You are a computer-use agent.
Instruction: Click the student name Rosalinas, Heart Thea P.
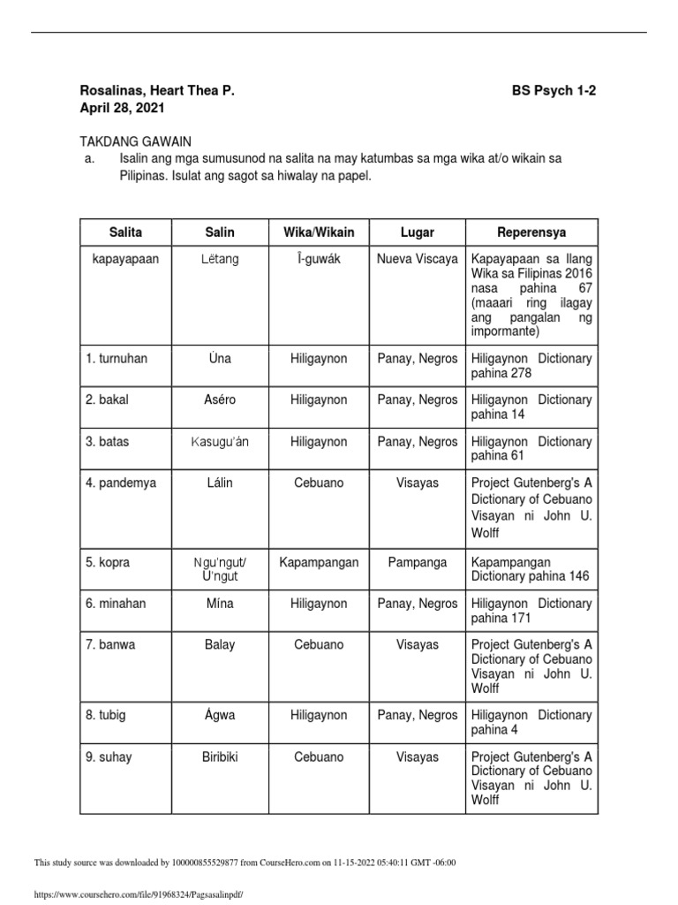coord(158,91)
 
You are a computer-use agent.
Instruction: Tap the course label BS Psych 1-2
coord(554,91)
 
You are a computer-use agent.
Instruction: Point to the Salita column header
coord(124,232)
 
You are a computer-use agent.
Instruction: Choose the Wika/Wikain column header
coord(318,232)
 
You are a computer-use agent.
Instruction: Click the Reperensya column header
coord(531,232)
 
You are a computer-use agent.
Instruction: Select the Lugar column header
coord(417,232)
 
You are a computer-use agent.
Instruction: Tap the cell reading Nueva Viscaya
coord(417,259)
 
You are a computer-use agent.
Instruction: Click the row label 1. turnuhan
coord(118,359)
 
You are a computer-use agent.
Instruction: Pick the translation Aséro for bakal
coord(219,399)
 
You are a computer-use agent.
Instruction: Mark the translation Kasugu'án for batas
coord(219,441)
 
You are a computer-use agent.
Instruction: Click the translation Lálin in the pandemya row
coord(219,483)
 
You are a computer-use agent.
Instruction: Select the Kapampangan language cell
coord(318,562)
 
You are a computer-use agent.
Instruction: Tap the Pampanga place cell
coord(417,562)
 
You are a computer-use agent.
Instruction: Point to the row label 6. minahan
coord(117,604)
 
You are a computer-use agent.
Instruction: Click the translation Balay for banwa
coord(219,645)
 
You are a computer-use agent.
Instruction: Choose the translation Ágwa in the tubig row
coord(219,715)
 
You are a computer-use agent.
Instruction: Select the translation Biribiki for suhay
coord(219,757)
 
